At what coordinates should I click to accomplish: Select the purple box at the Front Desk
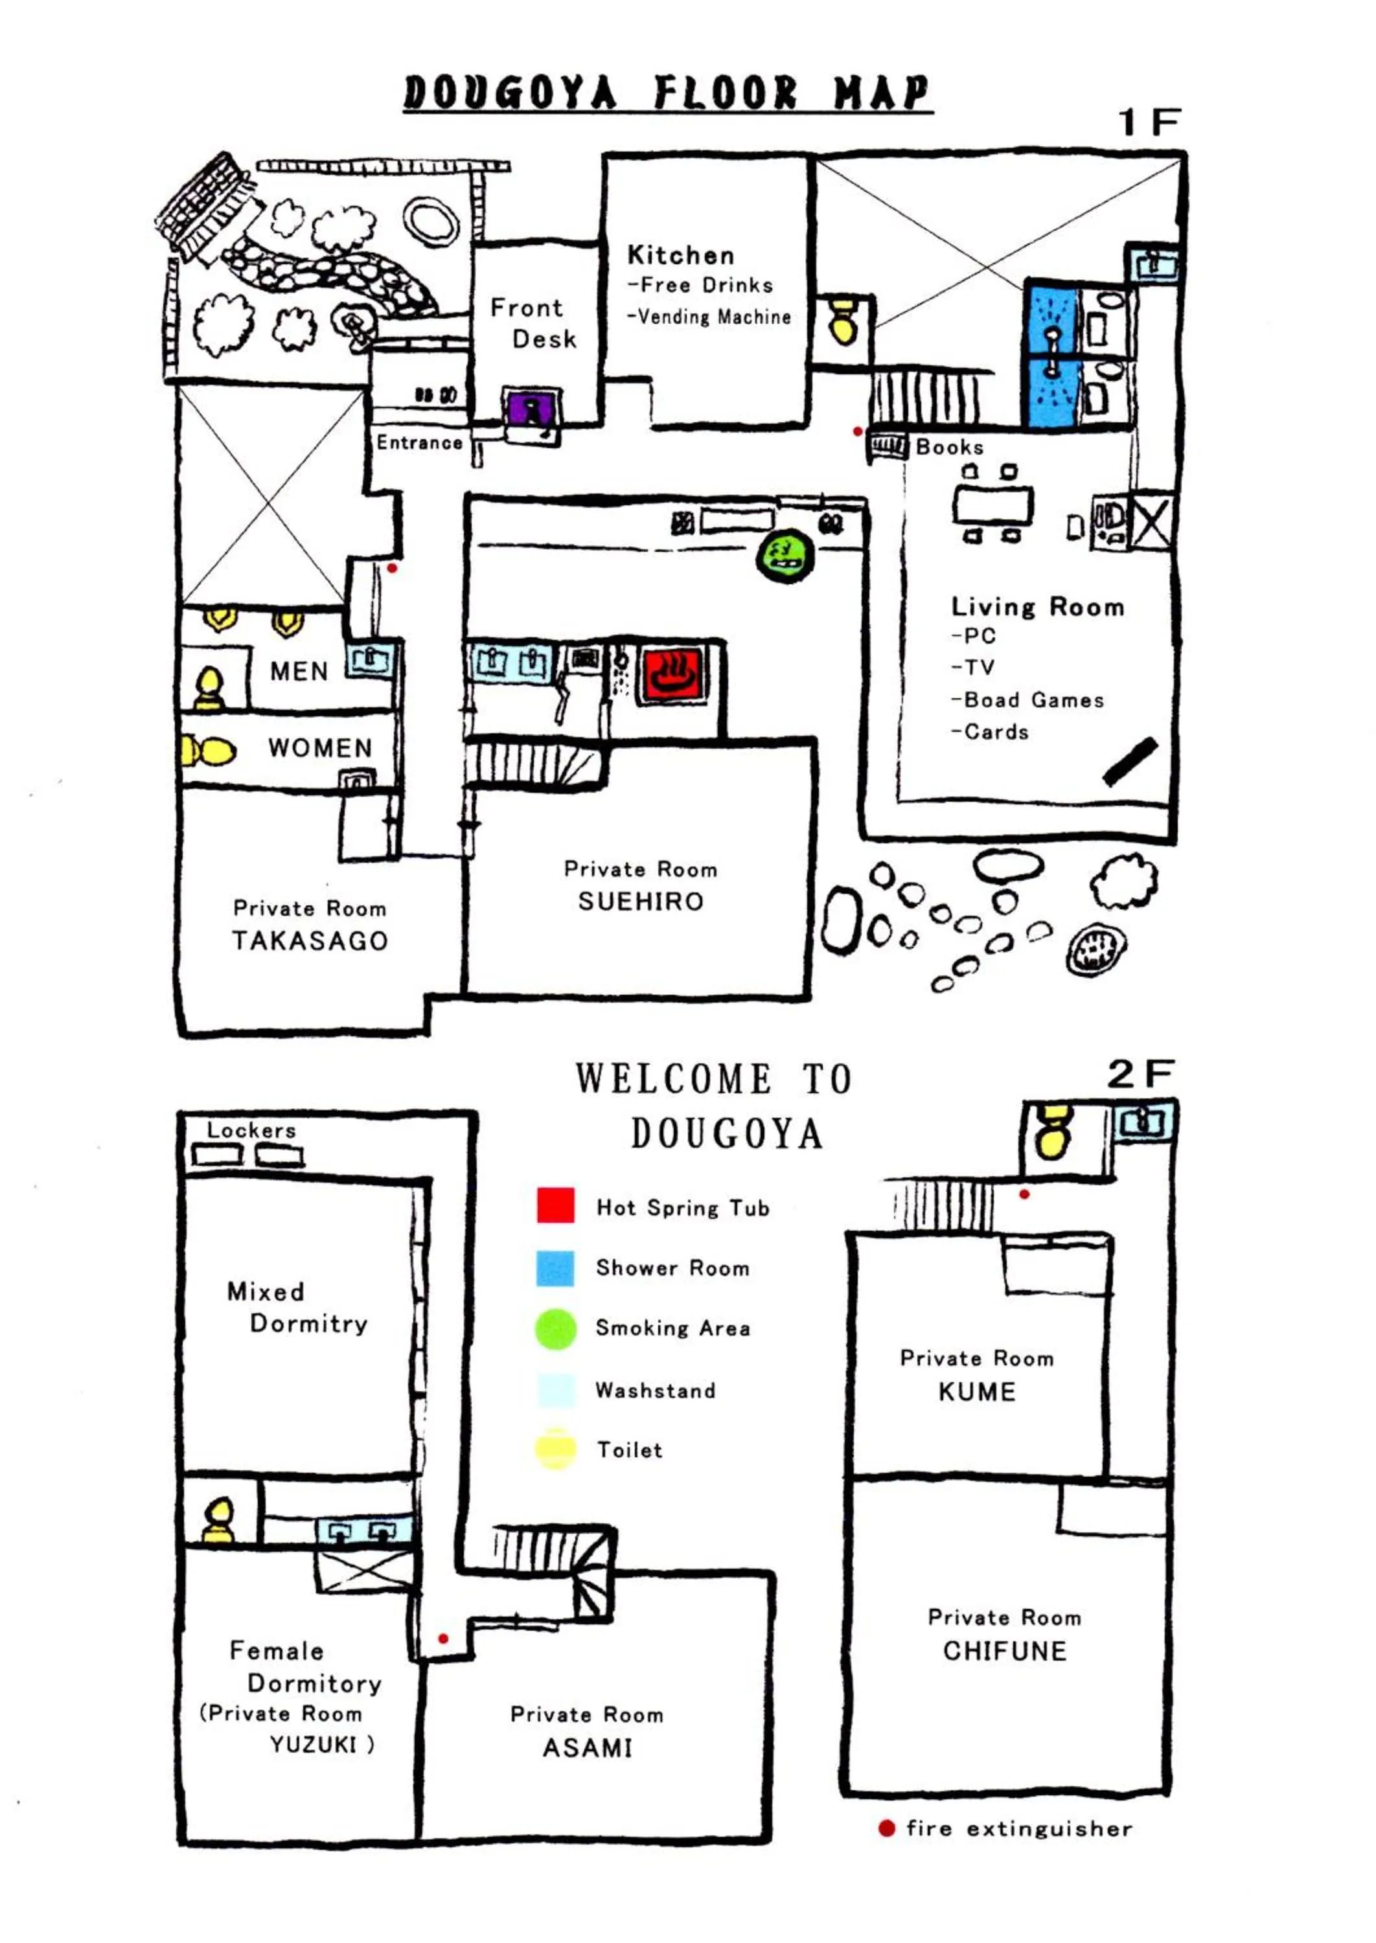tap(531, 410)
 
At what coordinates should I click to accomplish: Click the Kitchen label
tap(680, 255)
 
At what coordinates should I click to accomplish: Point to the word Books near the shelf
tap(949, 447)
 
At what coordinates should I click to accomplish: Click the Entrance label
tap(419, 442)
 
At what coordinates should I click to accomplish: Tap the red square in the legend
tap(556, 1205)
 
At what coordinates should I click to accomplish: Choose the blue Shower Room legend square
tap(556, 1268)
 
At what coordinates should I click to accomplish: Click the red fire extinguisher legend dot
tap(886, 1828)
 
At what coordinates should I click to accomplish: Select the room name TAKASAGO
tap(310, 941)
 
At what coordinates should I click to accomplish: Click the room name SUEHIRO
tap(641, 901)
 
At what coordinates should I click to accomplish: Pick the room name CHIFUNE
tap(1004, 1651)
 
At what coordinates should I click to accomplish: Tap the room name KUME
tap(976, 1392)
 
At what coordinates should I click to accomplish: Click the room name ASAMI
tap(587, 1747)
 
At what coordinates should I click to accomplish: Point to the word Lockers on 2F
tap(251, 1130)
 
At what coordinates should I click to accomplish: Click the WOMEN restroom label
tap(320, 748)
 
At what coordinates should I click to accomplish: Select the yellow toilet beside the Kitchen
tap(843, 319)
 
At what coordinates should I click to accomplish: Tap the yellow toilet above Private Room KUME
tap(1053, 1131)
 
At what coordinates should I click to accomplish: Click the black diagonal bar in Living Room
tap(1130, 760)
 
